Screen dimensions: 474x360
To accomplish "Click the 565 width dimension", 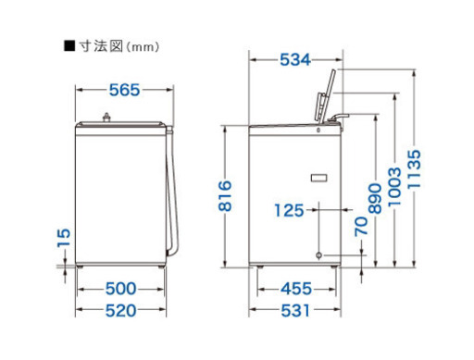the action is click(125, 90).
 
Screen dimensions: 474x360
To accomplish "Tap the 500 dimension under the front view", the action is click(120, 289).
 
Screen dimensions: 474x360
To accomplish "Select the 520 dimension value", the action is click(120, 310).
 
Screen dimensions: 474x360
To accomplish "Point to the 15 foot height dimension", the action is click(64, 238).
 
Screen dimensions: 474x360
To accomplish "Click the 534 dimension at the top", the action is click(295, 60).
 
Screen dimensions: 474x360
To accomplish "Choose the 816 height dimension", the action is click(225, 196).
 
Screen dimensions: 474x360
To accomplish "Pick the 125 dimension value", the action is click(289, 211).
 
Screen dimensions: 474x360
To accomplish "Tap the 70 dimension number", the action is click(361, 227).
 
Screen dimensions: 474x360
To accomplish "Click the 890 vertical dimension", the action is click(375, 198).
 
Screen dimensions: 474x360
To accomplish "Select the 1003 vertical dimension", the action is click(394, 187).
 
